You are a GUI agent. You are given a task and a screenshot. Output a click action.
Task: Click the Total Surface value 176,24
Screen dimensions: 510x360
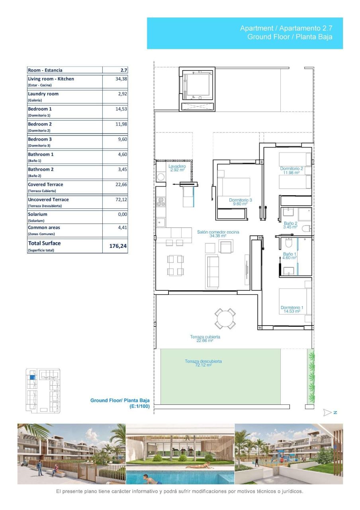tap(118, 246)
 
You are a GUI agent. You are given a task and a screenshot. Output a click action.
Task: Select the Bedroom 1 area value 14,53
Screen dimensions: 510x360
tap(121, 109)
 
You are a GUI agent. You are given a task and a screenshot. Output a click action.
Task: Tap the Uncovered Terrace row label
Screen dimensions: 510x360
tap(48, 200)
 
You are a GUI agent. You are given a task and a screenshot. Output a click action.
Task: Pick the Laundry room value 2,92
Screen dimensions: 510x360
tap(122, 94)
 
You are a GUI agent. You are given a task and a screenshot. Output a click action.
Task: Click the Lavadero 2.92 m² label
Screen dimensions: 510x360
tap(177, 168)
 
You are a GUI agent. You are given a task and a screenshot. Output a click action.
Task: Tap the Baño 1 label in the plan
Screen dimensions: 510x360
tap(290, 255)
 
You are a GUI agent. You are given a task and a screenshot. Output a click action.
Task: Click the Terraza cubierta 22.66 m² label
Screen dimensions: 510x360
tap(205, 339)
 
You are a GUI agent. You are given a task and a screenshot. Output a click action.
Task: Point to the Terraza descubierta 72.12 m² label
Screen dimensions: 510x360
tap(203, 363)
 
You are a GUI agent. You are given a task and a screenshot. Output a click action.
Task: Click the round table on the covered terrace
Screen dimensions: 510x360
tap(225, 318)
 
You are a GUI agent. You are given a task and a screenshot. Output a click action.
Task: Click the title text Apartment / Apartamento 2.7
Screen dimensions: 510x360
tap(286, 28)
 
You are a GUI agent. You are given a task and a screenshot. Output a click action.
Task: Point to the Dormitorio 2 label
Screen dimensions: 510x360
tap(292, 171)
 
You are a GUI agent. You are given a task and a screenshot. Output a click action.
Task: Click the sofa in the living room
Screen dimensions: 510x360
tap(213, 272)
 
